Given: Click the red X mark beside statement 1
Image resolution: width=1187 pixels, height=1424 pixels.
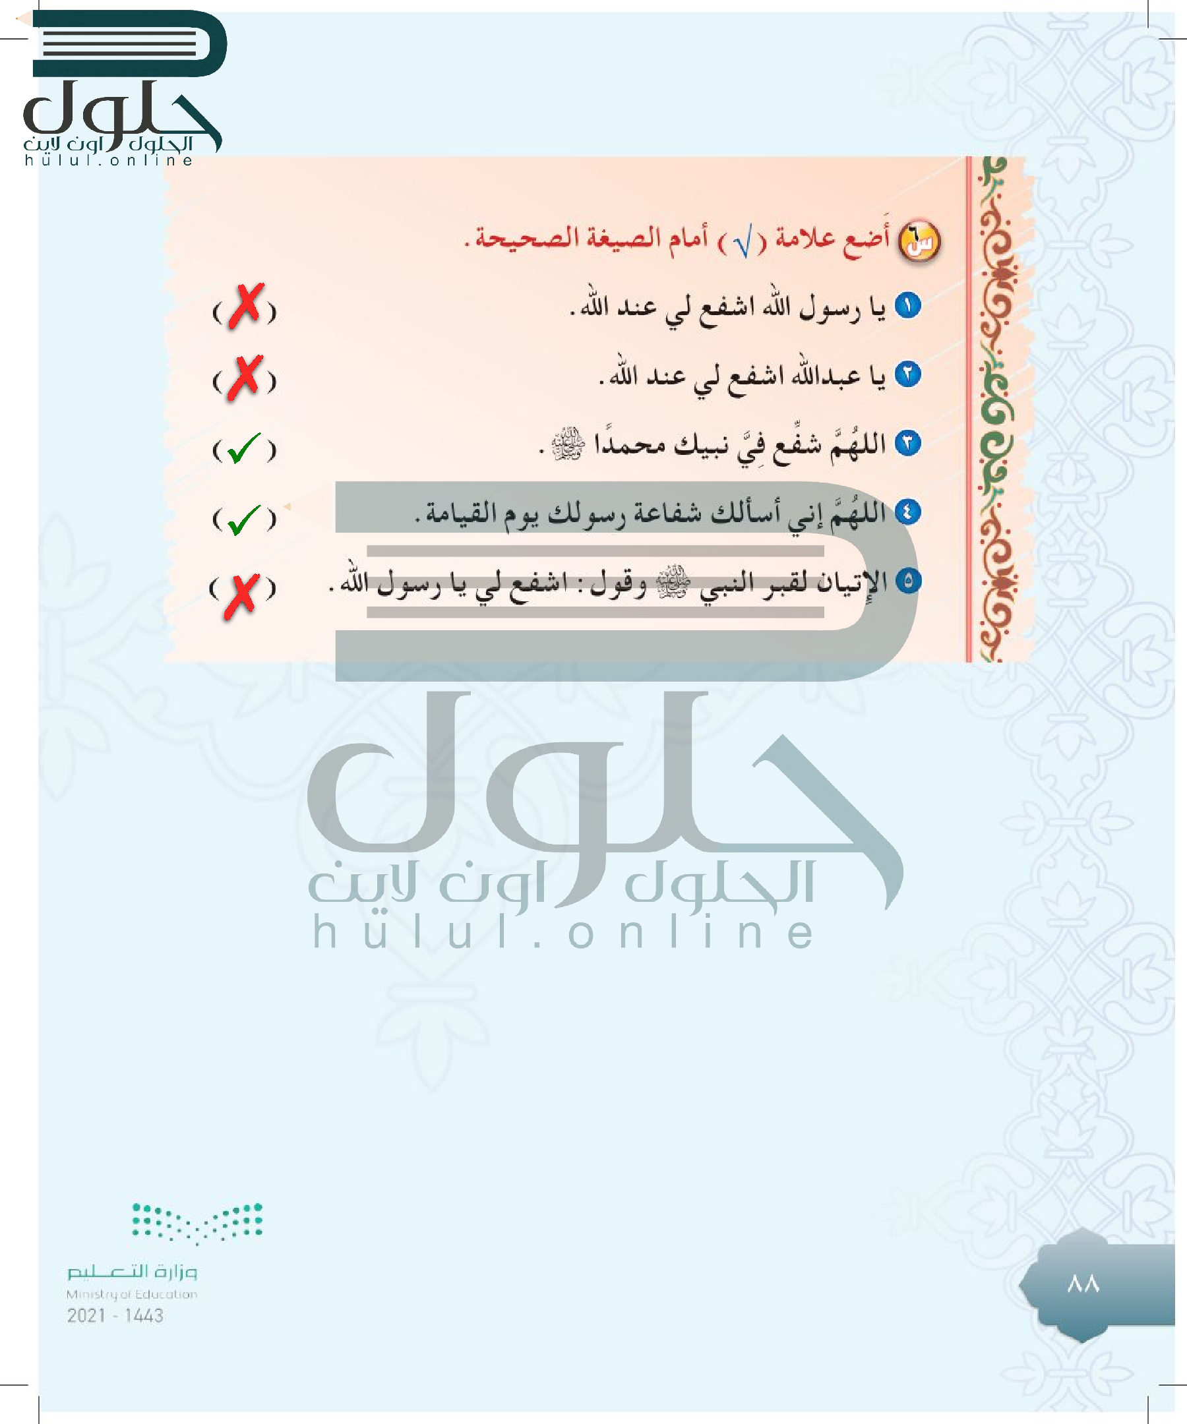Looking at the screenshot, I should tap(245, 307).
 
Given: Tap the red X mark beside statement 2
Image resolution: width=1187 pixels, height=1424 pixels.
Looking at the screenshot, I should tap(244, 377).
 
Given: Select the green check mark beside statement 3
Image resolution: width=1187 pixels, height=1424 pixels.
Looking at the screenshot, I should tap(243, 448).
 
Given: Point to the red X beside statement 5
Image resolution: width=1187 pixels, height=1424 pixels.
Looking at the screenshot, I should tap(242, 595).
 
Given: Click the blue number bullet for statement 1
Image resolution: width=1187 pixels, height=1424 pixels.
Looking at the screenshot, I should tap(907, 306).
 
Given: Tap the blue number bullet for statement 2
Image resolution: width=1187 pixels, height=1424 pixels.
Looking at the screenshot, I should tap(907, 374).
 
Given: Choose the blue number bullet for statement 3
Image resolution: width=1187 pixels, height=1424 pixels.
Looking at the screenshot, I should tap(907, 443).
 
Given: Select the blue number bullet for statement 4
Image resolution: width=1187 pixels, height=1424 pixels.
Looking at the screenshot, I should tap(907, 512).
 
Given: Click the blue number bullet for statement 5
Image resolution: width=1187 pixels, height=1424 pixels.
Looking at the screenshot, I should tap(907, 580).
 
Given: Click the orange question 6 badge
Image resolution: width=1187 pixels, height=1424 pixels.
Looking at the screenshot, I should tap(920, 242).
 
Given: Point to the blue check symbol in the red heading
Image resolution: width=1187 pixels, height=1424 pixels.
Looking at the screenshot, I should tap(743, 243).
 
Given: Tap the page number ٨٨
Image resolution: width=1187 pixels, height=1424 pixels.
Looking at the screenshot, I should tap(1083, 1284).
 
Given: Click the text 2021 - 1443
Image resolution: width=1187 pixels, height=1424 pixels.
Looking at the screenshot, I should tap(115, 1316).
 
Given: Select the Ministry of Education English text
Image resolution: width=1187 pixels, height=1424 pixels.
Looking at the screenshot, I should tap(132, 1295).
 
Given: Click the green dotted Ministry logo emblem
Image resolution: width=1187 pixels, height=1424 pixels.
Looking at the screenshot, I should tap(197, 1223).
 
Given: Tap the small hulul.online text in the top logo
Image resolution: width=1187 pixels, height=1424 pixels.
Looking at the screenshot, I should tap(109, 161).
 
